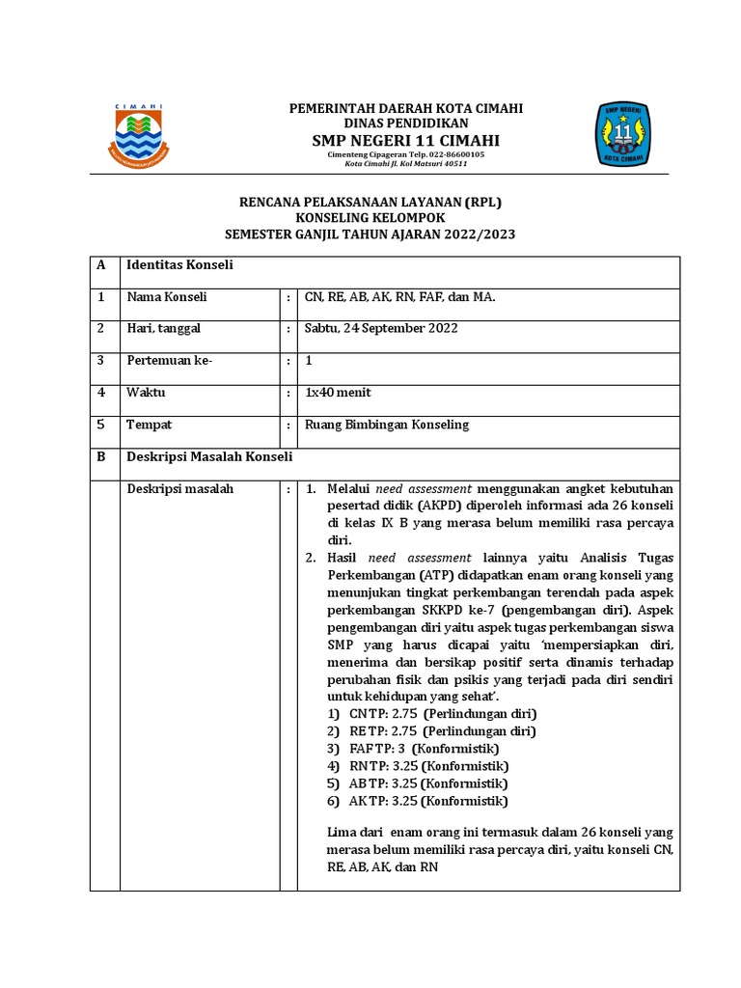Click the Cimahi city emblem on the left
click(138, 136)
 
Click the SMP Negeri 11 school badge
click(621, 135)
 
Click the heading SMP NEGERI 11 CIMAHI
click(405, 141)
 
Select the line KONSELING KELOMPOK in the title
click(370, 217)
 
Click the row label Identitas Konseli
click(180, 265)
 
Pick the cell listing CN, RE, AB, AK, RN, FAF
click(399, 297)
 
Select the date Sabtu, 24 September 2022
click(381, 328)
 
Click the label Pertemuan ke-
click(169, 360)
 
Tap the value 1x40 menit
click(338, 393)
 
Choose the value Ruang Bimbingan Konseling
click(386, 425)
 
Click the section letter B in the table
click(100, 456)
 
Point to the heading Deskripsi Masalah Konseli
click(209, 456)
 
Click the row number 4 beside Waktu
click(100, 393)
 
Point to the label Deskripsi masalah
click(180, 489)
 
